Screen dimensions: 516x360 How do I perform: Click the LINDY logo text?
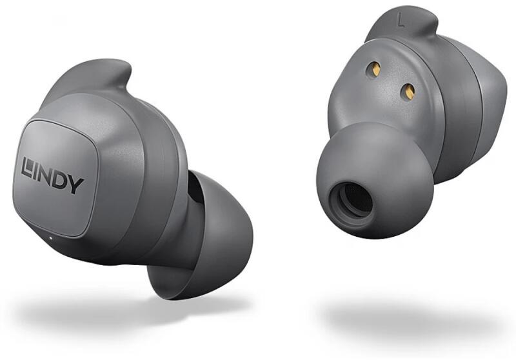(52, 175)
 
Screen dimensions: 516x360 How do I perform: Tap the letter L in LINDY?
(27, 166)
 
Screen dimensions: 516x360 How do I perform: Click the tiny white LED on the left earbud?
(50, 237)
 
